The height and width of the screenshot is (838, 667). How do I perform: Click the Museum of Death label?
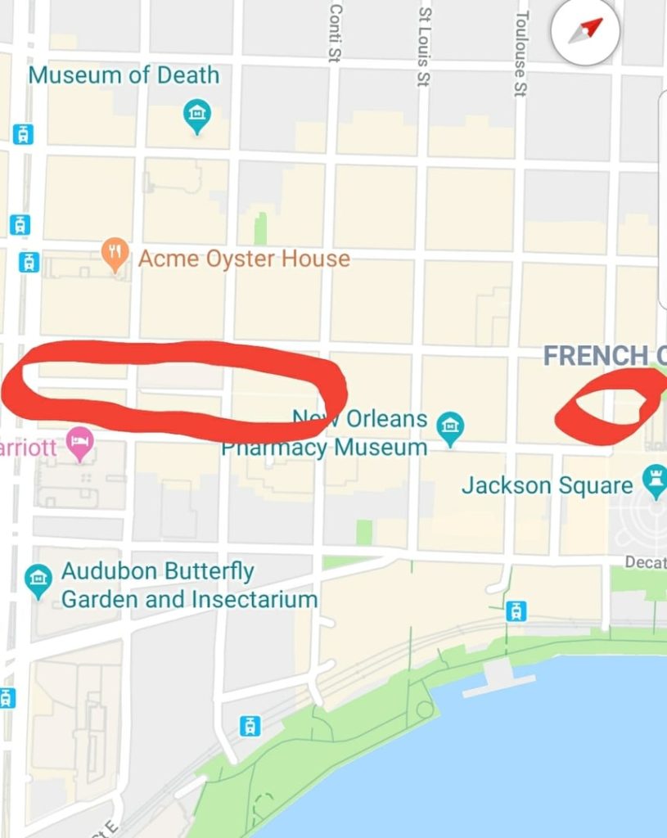pos(124,75)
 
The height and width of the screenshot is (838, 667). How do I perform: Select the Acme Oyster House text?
pos(244,259)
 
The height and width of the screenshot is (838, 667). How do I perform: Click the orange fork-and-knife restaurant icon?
pos(115,255)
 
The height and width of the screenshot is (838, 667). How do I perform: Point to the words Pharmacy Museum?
pos(324,448)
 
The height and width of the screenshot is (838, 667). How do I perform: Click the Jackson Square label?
pos(547,485)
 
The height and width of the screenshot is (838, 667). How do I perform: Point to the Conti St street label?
pos(335,30)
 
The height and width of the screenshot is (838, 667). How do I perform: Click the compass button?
pos(585,31)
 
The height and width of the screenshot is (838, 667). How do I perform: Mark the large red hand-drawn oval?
pos(174,387)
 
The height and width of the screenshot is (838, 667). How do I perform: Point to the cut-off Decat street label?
pos(646,562)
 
